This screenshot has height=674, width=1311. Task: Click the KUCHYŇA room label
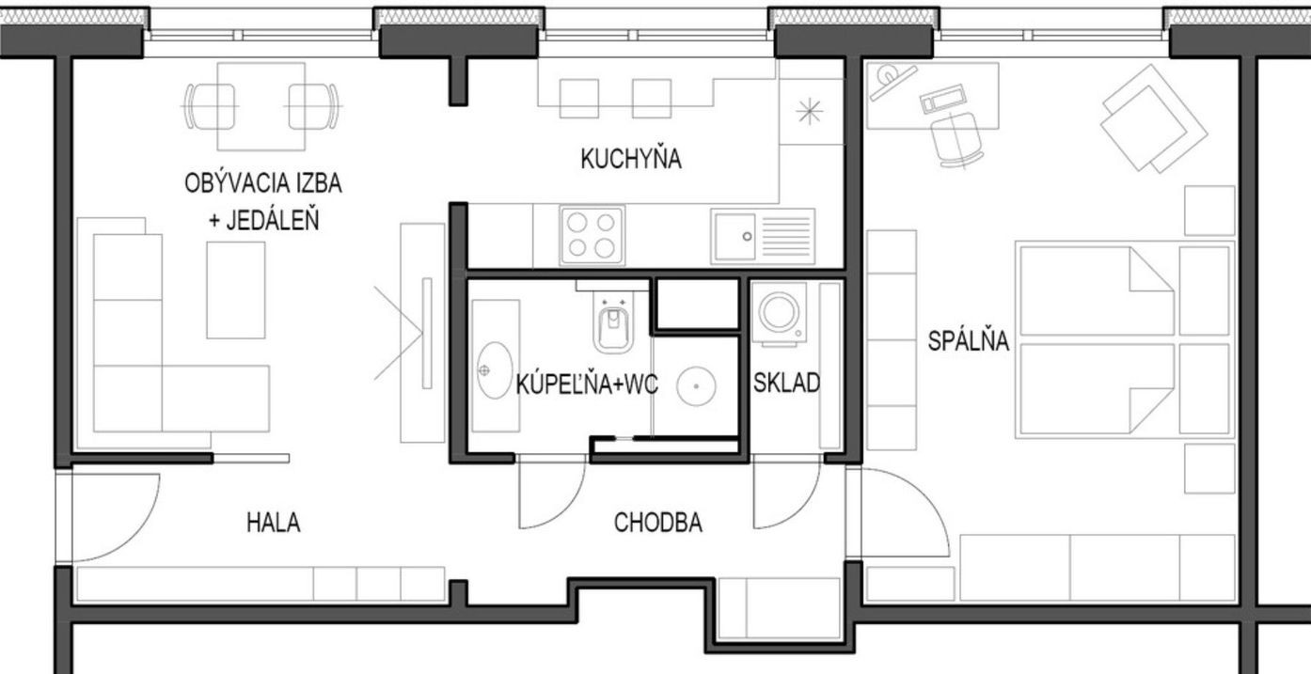click(631, 159)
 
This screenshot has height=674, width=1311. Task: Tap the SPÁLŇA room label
click(969, 340)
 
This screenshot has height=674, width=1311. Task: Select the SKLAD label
click(786, 383)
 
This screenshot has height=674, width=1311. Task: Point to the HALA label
click(274, 523)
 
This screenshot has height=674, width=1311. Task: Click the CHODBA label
click(657, 523)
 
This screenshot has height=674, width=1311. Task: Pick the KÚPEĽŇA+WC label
click(587, 384)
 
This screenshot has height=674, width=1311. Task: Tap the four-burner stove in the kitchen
click(592, 235)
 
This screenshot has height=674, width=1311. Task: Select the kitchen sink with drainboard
click(763, 236)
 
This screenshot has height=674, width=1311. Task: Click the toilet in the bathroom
click(612, 321)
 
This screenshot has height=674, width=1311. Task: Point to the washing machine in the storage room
click(779, 314)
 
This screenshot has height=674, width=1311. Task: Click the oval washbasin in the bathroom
click(495, 370)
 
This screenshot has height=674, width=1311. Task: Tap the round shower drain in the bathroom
click(696, 386)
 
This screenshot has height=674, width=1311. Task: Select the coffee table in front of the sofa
click(236, 290)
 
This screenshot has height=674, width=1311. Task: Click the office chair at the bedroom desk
click(956, 140)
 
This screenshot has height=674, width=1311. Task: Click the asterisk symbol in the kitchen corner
click(810, 112)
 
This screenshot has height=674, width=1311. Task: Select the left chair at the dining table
click(210, 106)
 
